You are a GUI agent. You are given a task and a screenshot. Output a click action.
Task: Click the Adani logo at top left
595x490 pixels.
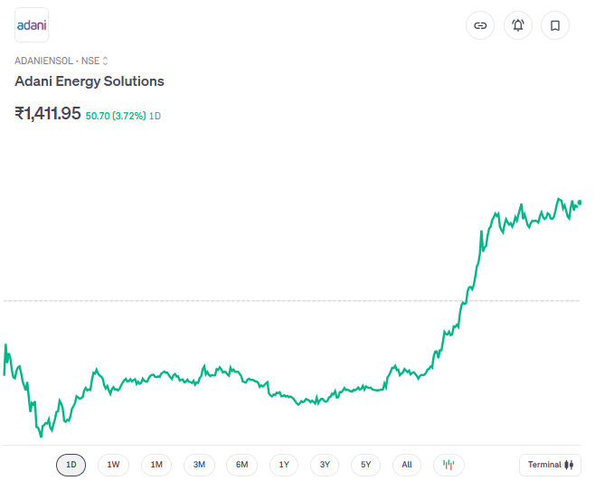tap(32, 25)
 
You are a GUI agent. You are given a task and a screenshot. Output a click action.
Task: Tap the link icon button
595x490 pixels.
tap(480, 25)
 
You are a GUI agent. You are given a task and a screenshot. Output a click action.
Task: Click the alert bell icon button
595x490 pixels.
tap(518, 25)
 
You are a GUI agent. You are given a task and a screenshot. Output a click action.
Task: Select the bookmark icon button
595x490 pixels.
tap(555, 25)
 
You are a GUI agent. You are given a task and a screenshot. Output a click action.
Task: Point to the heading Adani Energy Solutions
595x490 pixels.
tap(90, 81)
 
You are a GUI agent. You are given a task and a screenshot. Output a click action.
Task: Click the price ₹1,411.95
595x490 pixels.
tap(48, 114)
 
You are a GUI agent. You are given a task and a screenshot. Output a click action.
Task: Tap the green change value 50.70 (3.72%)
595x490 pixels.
tap(116, 116)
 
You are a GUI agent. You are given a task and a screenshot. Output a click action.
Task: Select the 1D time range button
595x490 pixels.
tap(71, 465)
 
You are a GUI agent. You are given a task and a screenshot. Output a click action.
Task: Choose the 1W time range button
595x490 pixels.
tap(113, 465)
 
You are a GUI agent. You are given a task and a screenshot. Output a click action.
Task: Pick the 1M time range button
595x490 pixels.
tap(156, 465)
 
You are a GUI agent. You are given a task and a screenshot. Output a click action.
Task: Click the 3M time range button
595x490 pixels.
tap(199, 465)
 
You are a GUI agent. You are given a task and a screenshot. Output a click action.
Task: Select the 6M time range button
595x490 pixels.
tap(241, 465)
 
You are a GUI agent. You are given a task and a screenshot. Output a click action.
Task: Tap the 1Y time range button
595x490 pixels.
tap(284, 465)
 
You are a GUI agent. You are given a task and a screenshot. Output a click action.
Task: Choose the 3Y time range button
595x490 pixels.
tap(325, 465)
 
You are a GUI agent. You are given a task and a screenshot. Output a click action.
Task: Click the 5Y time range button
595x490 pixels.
tap(366, 465)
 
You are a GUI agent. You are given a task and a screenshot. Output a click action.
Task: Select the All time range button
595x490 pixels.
tap(407, 465)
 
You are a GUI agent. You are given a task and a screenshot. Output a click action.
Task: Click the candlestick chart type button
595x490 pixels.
tap(449, 465)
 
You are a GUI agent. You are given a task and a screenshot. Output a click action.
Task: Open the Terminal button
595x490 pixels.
tap(551, 465)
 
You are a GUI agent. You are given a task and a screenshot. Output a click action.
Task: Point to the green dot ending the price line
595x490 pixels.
tap(579, 203)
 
